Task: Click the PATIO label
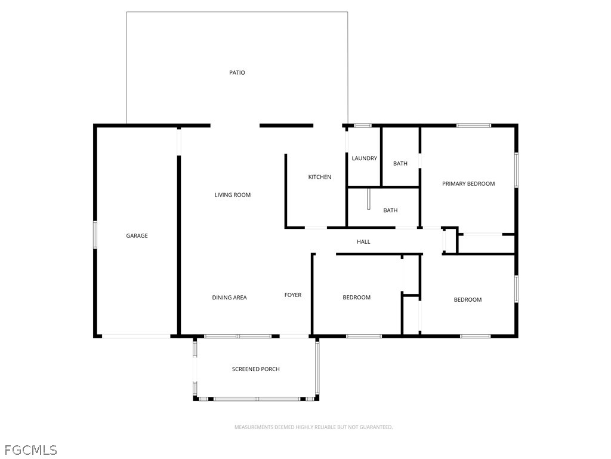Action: click(237, 73)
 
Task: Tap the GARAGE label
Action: click(137, 236)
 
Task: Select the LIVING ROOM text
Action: click(233, 195)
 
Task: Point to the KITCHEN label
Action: click(319, 177)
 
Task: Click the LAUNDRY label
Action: click(364, 158)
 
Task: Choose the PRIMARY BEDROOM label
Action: click(468, 184)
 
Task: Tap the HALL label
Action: click(363, 242)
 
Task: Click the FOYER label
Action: click(292, 295)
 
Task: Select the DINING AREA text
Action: click(229, 298)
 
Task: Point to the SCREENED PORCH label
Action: click(255, 369)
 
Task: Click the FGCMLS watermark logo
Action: click(30, 449)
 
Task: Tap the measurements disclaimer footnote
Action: click(313, 427)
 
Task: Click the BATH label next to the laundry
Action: click(400, 164)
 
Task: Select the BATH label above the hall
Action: click(390, 210)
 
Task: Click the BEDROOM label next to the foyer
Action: click(356, 298)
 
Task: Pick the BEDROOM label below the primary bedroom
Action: click(467, 300)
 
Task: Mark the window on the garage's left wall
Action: click(94, 234)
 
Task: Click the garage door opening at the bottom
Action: click(137, 336)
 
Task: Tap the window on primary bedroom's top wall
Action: click(474, 126)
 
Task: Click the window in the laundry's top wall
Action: click(363, 126)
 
